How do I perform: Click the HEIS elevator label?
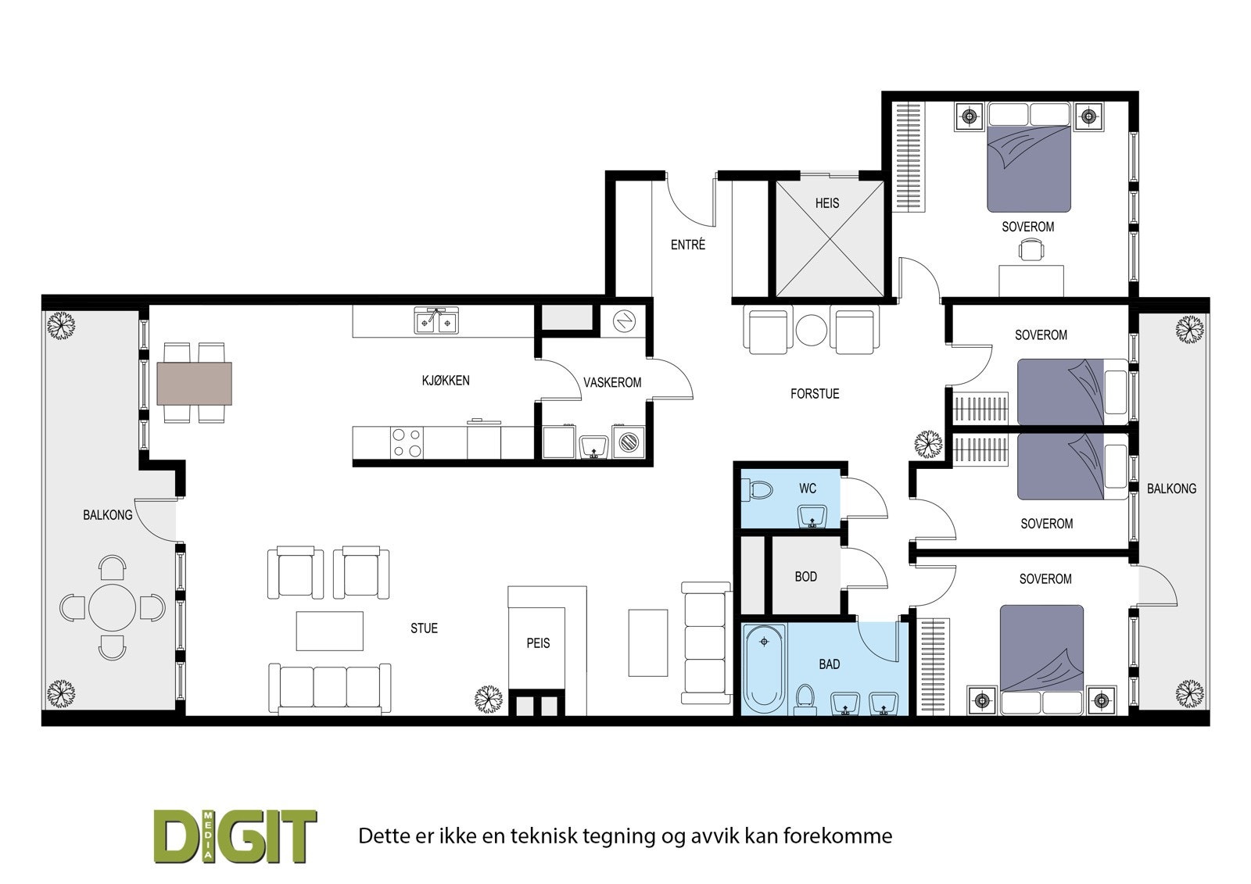826,203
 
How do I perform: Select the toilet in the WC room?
758,491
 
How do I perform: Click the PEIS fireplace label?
538,643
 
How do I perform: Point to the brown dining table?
195,383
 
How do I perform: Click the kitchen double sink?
437,320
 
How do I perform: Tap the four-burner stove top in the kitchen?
407,442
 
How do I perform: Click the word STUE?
424,628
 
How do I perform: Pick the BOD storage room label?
805,577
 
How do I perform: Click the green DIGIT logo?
235,836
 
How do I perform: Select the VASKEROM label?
612,382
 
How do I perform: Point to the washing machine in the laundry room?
629,443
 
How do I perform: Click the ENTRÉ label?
687,245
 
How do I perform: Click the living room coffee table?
329,631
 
